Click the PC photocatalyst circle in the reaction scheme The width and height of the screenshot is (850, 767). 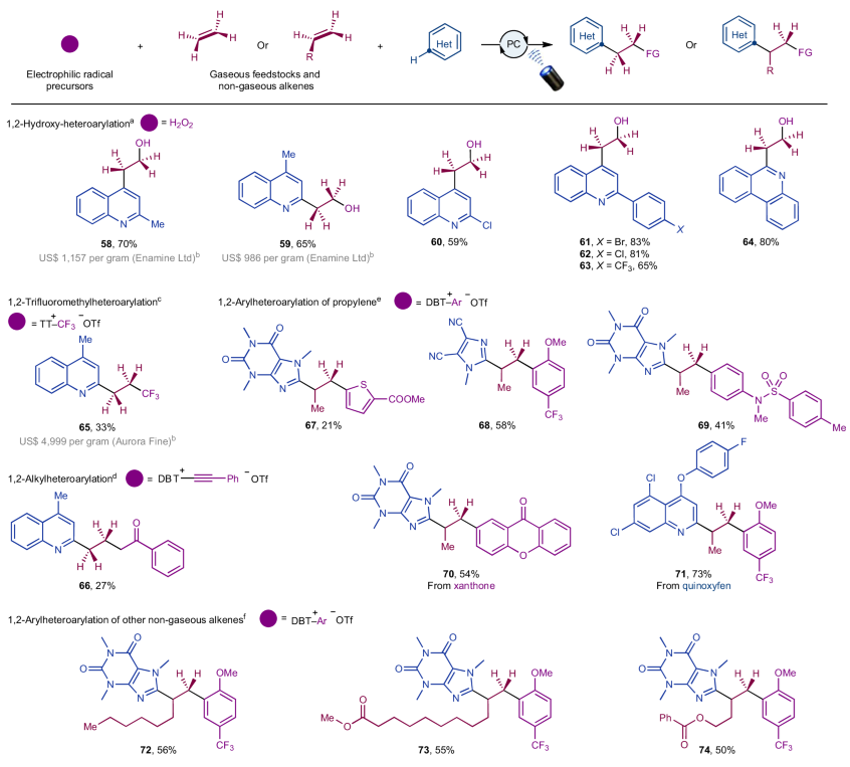click(x=513, y=46)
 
